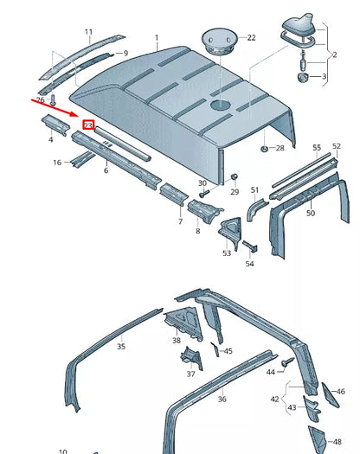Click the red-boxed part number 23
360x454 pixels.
pos(87,125)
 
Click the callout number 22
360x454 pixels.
pos(252,37)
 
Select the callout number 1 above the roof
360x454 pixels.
pos(157,39)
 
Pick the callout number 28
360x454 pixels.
pos(280,149)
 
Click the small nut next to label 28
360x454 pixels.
pos(261,149)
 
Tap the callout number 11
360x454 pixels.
pos(88,32)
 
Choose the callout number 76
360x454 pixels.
pos(41,99)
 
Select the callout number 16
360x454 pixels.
pos(57,162)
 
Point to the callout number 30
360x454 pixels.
pos(202,183)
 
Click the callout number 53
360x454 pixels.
pos(227,253)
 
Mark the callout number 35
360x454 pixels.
pos(121,346)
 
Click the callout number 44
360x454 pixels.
pos(271,371)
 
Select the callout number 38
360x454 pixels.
pos(177,341)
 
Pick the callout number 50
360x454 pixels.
pos(311,213)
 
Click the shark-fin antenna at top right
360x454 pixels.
pos(299,29)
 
